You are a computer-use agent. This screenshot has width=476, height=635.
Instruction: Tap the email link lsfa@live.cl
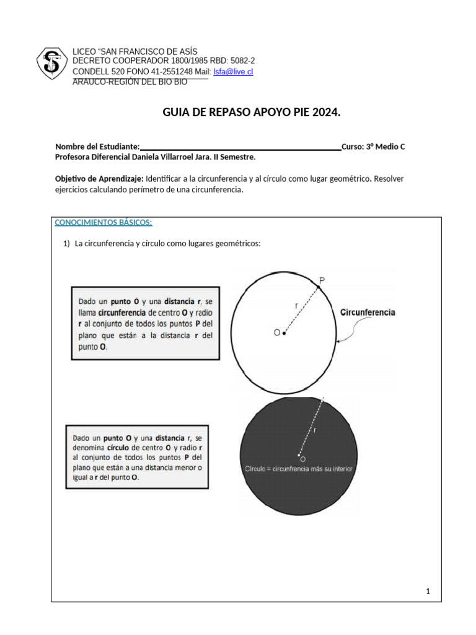click(x=233, y=72)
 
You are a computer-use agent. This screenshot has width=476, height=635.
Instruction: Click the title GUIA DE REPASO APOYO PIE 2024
click(x=251, y=112)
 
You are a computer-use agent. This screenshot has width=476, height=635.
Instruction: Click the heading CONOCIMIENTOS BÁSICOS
click(x=104, y=223)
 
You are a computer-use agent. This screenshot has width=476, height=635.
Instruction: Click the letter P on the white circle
click(x=322, y=281)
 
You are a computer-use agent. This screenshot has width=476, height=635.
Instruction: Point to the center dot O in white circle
click(x=284, y=334)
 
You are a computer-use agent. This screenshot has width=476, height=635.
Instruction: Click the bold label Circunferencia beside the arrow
click(x=368, y=313)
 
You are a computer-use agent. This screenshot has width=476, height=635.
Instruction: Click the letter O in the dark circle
click(x=302, y=460)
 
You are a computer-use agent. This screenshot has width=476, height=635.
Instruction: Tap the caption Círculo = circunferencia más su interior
click(x=299, y=469)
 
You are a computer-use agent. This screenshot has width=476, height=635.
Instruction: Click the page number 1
click(x=428, y=592)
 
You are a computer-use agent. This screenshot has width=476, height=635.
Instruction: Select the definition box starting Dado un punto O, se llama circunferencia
click(x=144, y=323)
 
